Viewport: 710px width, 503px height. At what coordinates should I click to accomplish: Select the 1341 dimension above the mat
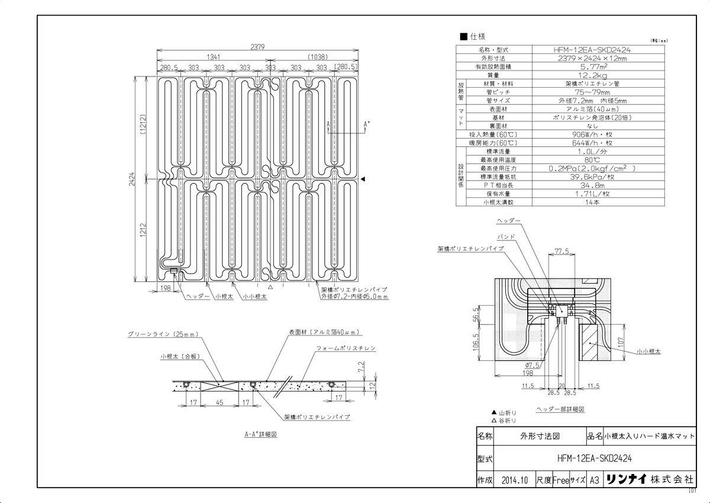[214, 57]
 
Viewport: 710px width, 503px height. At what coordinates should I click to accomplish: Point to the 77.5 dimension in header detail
[563, 251]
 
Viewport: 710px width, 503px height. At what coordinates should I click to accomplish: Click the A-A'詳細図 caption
[261, 434]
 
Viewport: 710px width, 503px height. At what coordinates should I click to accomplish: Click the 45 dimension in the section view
[219, 403]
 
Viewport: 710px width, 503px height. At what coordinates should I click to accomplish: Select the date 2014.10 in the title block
[514, 480]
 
